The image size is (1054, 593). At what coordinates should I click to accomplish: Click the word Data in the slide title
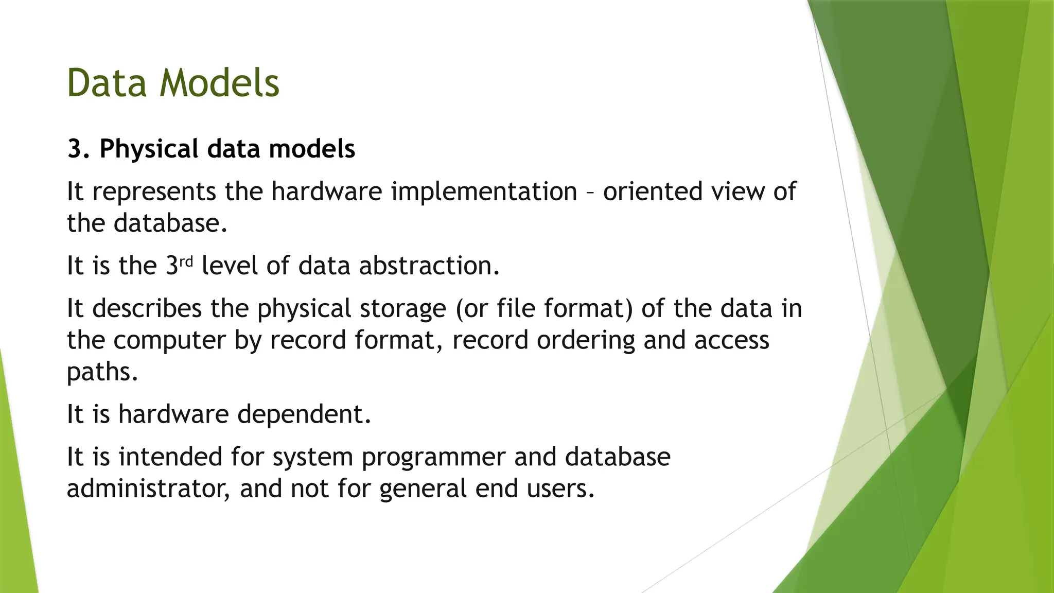tap(107, 83)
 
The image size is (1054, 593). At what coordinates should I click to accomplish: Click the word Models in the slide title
tap(219, 83)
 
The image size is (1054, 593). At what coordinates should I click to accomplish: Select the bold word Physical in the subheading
tap(149, 149)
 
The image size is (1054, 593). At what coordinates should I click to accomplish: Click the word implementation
tap(484, 191)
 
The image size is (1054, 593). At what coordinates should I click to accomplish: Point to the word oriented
tap(653, 191)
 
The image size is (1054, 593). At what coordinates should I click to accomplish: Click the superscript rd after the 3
tap(186, 261)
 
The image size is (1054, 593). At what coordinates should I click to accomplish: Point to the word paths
tap(102, 372)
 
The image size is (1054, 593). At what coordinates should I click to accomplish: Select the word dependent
tap(304, 414)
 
